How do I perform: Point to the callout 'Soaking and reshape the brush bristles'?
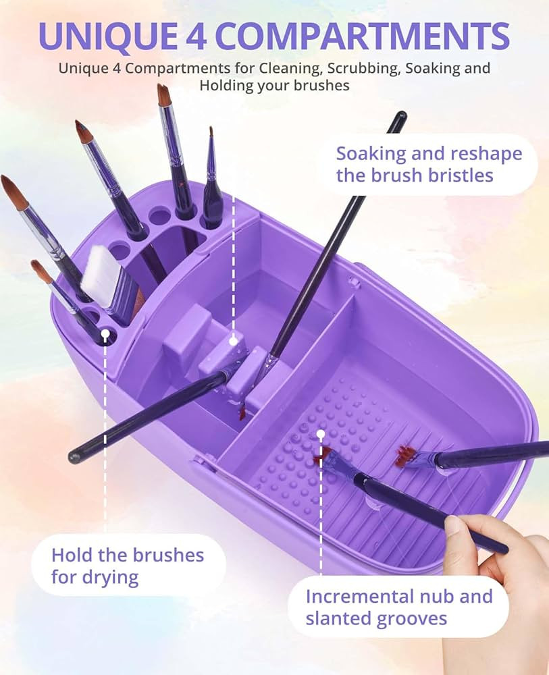point(429,164)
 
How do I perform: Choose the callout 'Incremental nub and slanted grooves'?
point(398,607)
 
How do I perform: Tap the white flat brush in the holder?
point(108,277)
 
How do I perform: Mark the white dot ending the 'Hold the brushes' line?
point(105,334)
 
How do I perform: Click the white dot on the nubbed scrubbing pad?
point(321,434)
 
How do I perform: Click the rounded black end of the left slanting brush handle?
point(74,457)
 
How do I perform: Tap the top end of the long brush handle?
point(400,117)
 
